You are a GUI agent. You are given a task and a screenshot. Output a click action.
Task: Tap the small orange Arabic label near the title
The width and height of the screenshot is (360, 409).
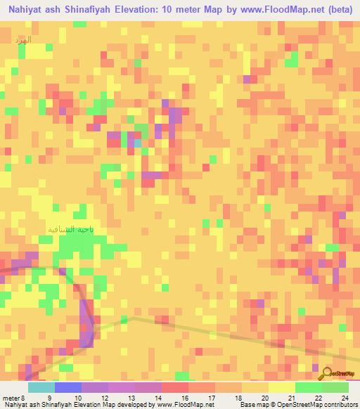click(23, 40)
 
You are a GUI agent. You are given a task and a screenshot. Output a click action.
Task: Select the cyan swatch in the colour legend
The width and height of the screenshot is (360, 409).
click(41, 387)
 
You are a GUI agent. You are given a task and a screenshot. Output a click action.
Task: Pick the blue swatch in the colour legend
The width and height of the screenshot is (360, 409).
click(68, 387)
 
